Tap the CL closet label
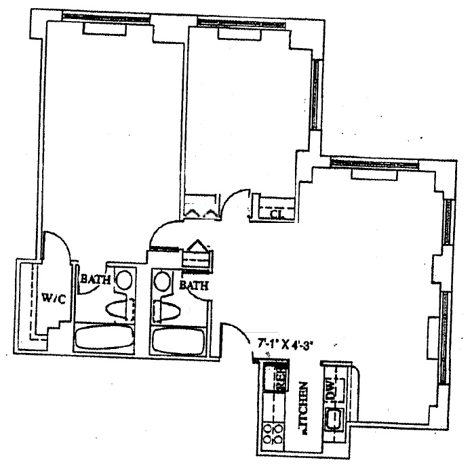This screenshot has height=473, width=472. pos(276,215)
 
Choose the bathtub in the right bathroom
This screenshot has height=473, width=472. pos(180,340)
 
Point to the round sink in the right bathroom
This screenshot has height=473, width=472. pos(161,279)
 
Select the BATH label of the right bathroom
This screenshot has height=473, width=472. pos(195,286)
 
